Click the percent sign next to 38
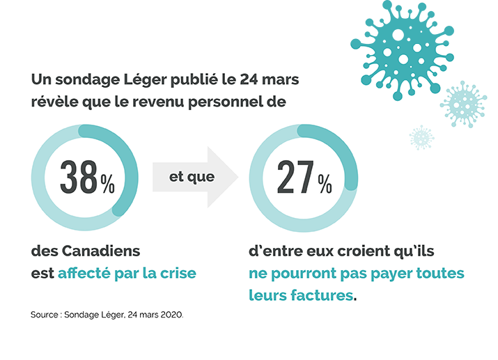(107, 184)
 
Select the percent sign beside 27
(325, 184)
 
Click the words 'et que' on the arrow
(192, 176)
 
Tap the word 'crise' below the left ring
(176, 273)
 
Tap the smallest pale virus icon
(421, 137)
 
